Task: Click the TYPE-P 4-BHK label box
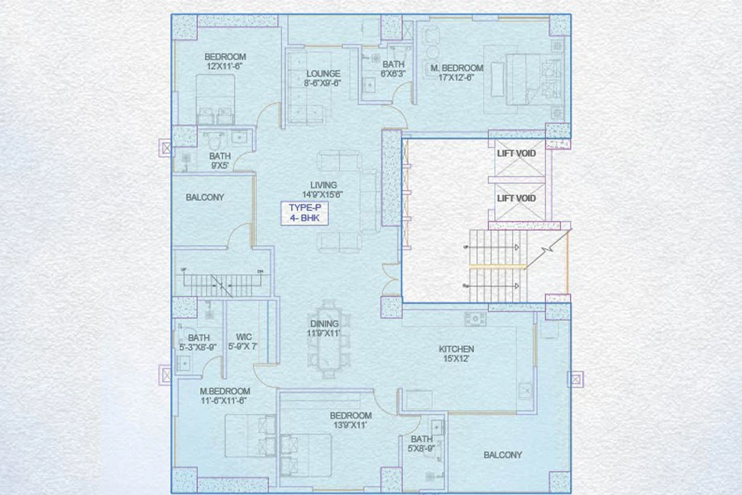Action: pyautogui.click(x=304, y=213)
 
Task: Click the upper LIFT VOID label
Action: pyautogui.click(x=516, y=153)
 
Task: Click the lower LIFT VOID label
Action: pyautogui.click(x=516, y=199)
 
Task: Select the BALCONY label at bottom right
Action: pyautogui.click(x=502, y=455)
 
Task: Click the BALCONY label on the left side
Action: pyautogui.click(x=205, y=197)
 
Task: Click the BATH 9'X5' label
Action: pyautogui.click(x=220, y=161)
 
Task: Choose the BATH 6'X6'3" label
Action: pyautogui.click(x=393, y=69)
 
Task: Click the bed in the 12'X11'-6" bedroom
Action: pyautogui.click(x=216, y=99)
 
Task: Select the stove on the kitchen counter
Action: pyautogui.click(x=475, y=319)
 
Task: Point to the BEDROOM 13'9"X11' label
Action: pyautogui.click(x=351, y=420)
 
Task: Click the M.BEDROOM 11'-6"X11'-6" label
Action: pyautogui.click(x=224, y=396)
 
